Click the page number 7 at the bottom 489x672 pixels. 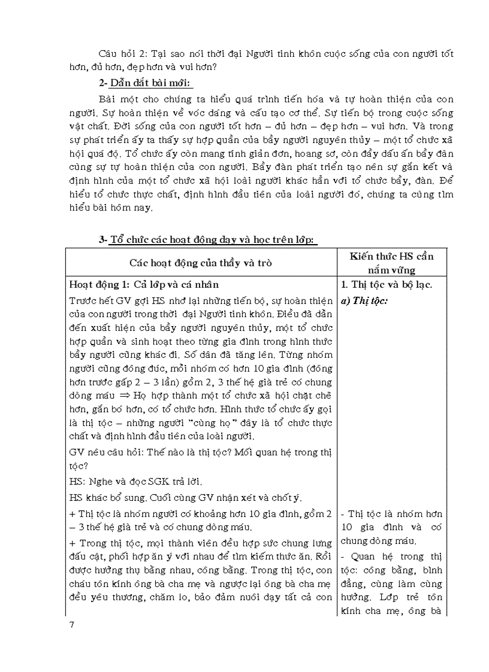point(71,626)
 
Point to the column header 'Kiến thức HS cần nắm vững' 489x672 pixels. point(393,262)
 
